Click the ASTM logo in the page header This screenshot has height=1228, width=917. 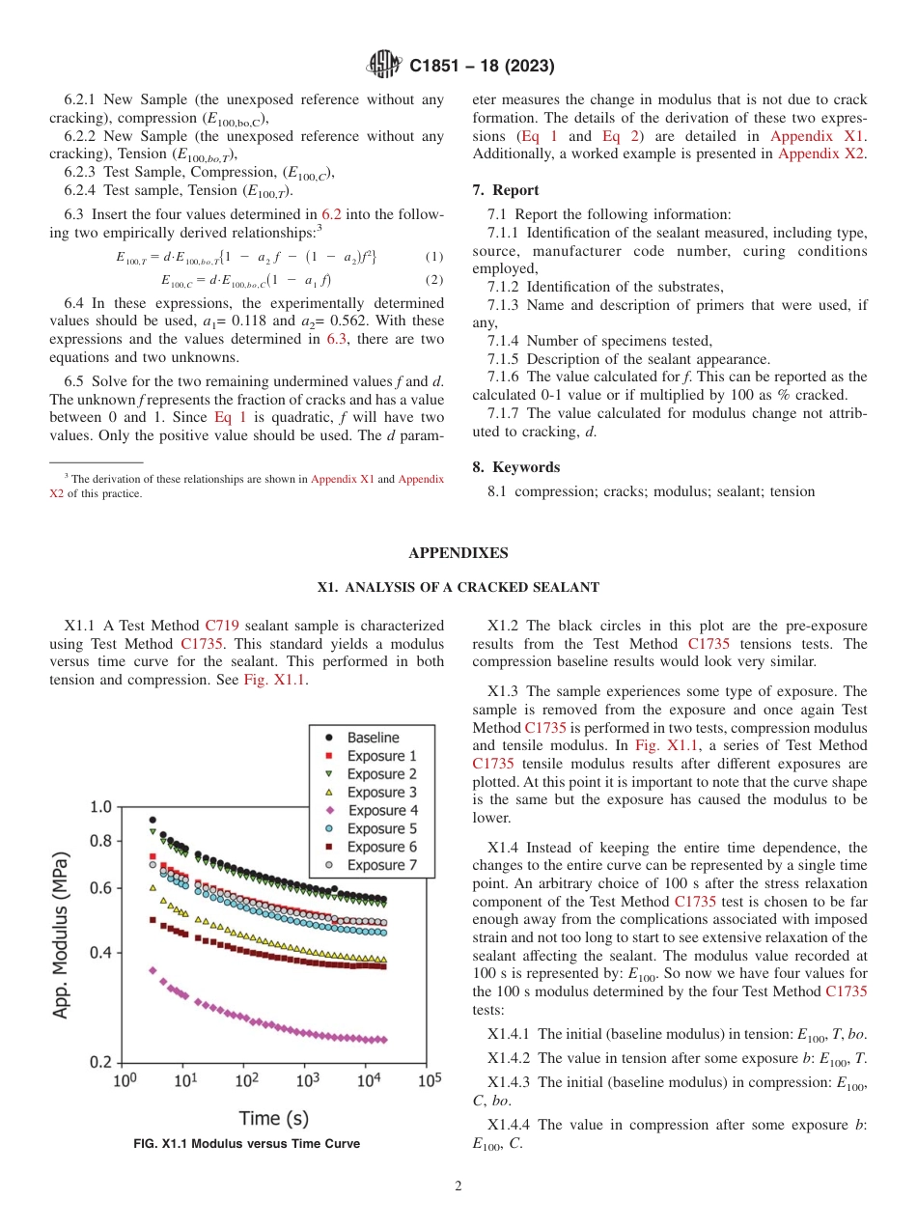[x=383, y=66]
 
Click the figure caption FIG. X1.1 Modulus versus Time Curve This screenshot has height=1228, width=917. [x=246, y=1144]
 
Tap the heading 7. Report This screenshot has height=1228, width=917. [x=506, y=190]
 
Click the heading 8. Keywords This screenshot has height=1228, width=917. [x=515, y=467]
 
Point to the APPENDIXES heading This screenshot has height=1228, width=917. [x=458, y=553]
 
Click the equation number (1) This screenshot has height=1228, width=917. [x=434, y=257]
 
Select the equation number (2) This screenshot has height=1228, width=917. [x=434, y=280]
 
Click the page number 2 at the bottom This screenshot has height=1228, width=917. [x=458, y=1186]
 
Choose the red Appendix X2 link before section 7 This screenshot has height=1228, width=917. [x=821, y=153]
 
